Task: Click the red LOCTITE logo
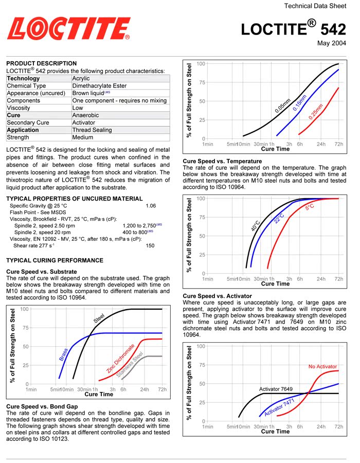point(69,28)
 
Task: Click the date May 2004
point(331,43)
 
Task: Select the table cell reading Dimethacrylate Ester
point(99,85)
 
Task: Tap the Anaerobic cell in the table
point(85,115)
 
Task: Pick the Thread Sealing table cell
point(92,130)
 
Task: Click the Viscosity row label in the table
point(19,108)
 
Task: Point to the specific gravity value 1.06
point(151,206)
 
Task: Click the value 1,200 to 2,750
point(139,226)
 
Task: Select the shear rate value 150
point(150,245)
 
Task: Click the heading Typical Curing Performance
point(55,260)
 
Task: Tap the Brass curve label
point(63,354)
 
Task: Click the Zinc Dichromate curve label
point(120,359)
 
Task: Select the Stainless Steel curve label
point(130,364)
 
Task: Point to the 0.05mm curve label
point(283,105)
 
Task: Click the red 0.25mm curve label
point(316,112)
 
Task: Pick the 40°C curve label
point(256,226)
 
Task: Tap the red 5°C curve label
point(310,207)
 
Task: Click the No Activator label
point(322,366)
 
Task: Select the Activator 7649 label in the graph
point(276,389)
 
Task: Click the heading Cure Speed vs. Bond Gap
point(42,406)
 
